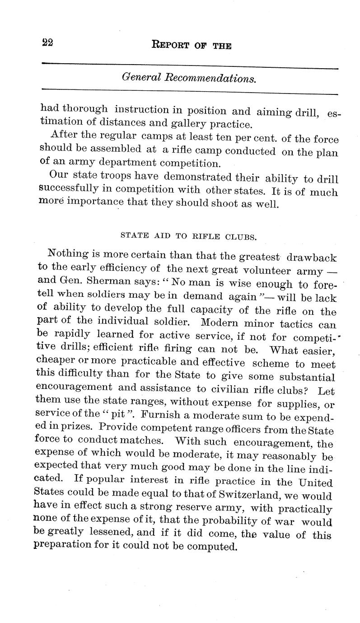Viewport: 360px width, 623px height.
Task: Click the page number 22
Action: [47, 43]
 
